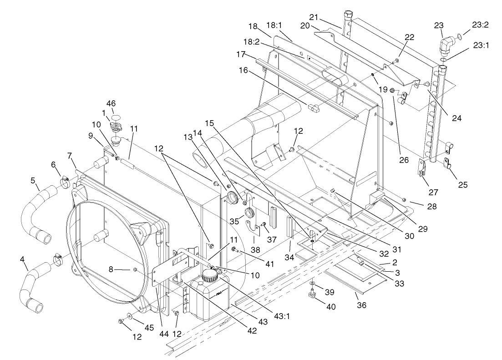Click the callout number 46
point(111,104)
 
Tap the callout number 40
point(330,307)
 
